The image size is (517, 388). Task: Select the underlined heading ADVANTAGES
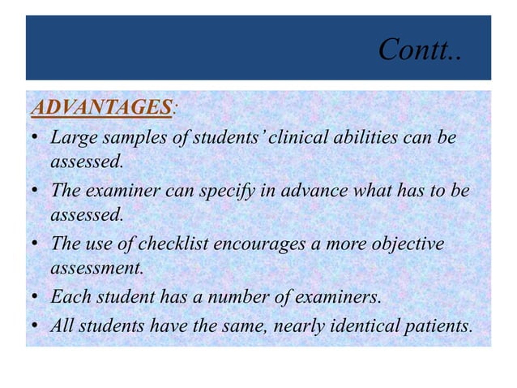point(100,106)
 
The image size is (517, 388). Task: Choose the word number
point(231,298)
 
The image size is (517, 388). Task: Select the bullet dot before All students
point(37,326)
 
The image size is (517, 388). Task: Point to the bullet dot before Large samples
point(37,138)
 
